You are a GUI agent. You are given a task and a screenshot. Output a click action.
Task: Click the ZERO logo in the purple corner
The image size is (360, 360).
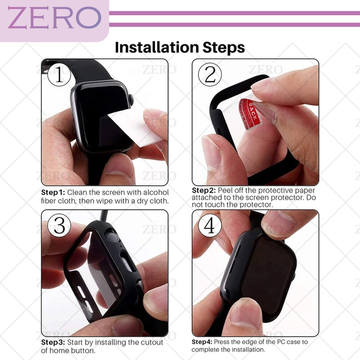pos(54,18)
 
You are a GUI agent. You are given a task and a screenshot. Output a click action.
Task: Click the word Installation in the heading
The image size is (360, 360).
pos(157,48)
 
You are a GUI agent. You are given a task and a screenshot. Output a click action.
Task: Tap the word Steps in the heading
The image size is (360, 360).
pos(224,48)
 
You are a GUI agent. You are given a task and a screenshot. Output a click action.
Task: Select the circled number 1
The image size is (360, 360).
pos(59,74)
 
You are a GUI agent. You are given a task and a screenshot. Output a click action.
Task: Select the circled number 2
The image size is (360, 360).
pos(210,75)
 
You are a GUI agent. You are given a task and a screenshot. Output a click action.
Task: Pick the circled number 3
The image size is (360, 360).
pos(59,225)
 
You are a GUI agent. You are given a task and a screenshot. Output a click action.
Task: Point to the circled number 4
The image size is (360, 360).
pos(210,225)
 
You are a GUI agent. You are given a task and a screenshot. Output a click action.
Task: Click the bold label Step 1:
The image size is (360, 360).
pos(53,193)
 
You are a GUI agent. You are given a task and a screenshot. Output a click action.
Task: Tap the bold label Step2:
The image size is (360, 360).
pos(204,190)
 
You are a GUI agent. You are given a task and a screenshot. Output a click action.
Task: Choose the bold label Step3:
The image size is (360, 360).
pos(53,342)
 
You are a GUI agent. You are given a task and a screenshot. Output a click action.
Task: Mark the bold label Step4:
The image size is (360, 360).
pos(202,342)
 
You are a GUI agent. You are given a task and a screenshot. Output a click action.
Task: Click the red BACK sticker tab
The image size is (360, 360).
pos(251,114)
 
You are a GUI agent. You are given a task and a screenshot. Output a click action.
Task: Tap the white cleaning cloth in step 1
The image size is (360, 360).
pos(136,127)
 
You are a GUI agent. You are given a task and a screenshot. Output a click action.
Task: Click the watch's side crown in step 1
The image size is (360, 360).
pos(131,99)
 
